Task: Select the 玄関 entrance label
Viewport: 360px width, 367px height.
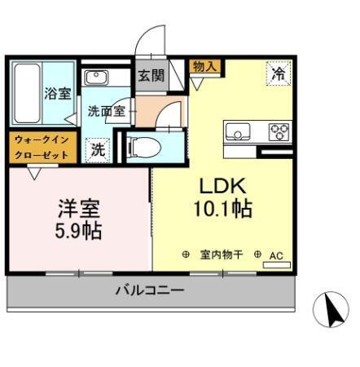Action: (x=151, y=76)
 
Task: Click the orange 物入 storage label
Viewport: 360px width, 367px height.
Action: (x=204, y=67)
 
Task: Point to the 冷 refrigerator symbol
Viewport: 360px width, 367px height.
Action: (x=279, y=73)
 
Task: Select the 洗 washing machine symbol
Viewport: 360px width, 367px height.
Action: (x=98, y=149)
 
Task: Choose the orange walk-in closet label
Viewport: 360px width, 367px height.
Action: (x=43, y=146)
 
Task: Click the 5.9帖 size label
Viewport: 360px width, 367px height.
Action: (x=79, y=231)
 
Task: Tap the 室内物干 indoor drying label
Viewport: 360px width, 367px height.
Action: (x=222, y=255)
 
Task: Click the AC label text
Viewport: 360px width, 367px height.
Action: (x=276, y=255)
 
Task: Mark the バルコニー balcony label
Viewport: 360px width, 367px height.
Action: (x=149, y=290)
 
